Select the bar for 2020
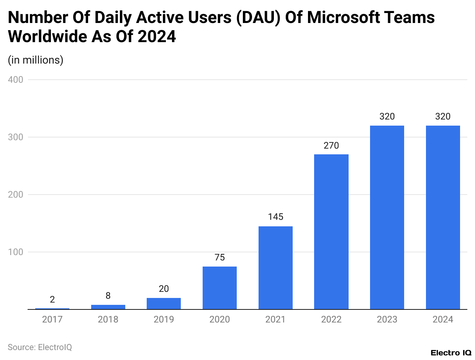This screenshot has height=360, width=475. point(219,288)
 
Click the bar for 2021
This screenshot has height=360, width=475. point(275,268)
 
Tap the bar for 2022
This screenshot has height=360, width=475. point(331,232)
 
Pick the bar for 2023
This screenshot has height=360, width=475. point(387,217)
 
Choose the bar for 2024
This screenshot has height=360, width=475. point(443,217)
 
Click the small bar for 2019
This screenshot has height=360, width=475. point(164,303)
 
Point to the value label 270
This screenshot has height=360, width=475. point(331,146)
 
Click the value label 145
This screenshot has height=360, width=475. point(275,217)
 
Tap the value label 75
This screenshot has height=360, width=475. point(219,257)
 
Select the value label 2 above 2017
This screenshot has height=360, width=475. point(52,299)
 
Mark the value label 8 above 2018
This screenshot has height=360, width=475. point(108,296)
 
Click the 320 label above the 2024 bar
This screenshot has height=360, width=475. point(443,116)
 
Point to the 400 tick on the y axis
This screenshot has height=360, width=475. point(16,80)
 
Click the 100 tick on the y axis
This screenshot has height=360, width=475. point(16,252)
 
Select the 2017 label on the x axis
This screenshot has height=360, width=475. point(52,319)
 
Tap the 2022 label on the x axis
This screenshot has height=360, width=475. point(331,319)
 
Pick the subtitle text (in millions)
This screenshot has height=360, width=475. point(36,60)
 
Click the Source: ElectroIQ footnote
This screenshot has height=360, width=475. point(40,347)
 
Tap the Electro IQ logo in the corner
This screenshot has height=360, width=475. point(451,353)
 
